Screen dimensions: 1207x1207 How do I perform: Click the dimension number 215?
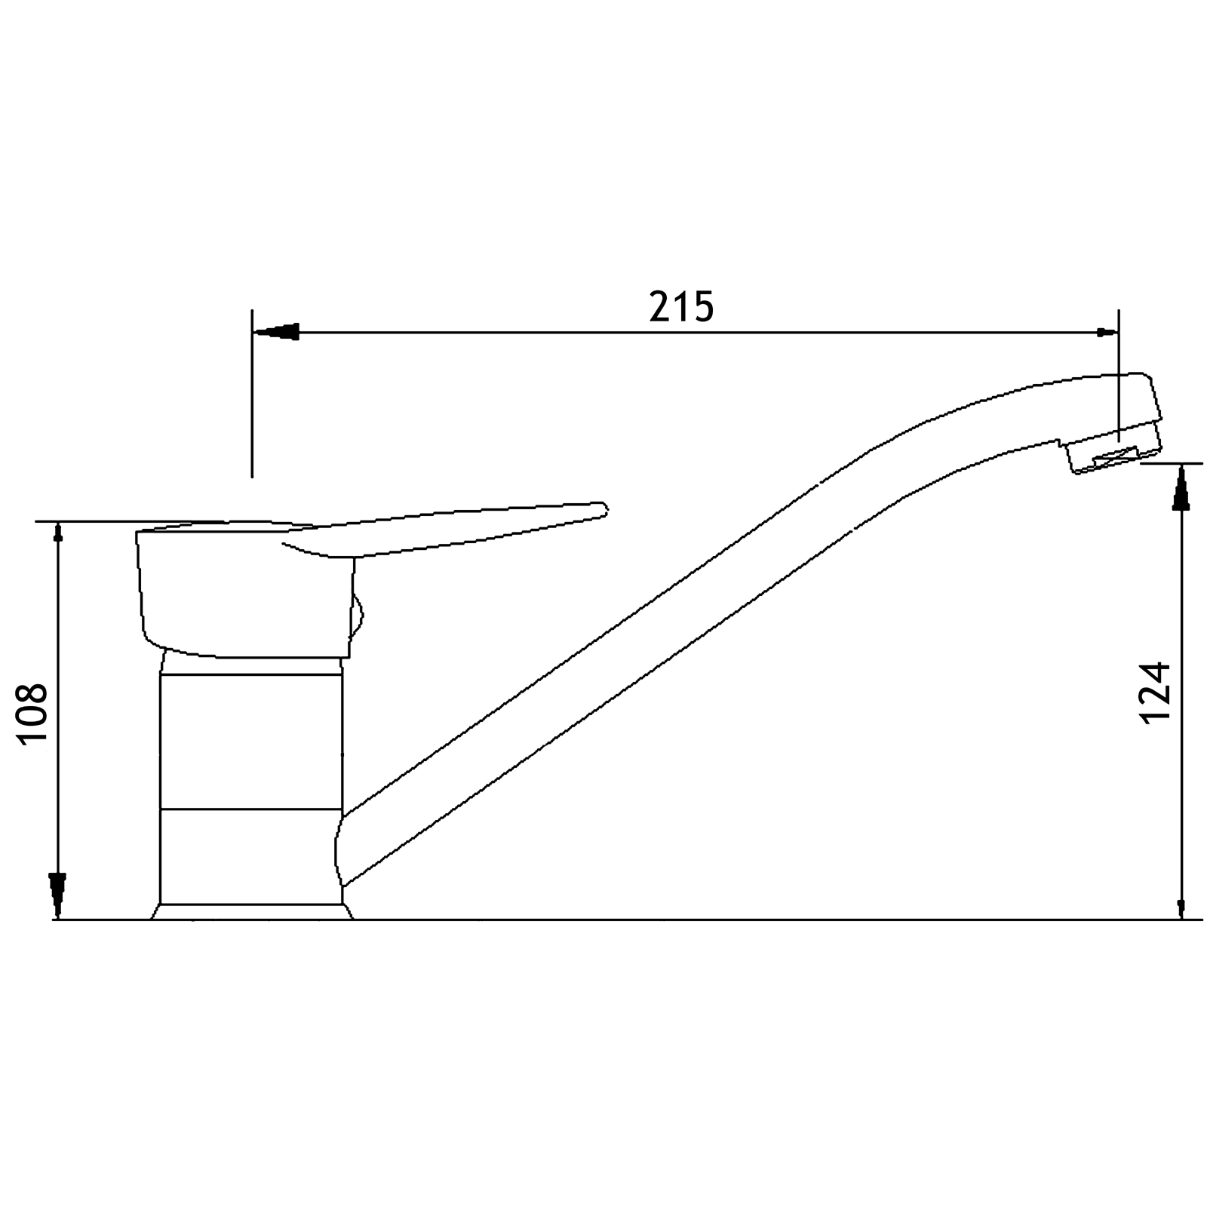[x=680, y=306]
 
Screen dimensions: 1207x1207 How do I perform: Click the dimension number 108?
[x=34, y=714]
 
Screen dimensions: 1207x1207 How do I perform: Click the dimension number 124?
[x=1155, y=692]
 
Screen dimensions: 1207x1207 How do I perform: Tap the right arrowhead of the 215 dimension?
[x=1106, y=332]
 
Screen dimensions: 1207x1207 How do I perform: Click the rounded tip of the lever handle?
[x=600, y=508]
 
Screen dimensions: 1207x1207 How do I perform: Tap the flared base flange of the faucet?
[x=252, y=911]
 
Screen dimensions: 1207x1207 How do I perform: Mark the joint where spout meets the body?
[x=341, y=849]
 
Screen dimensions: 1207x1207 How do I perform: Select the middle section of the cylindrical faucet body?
[x=250, y=743]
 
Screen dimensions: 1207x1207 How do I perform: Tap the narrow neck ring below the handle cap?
[x=252, y=665]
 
